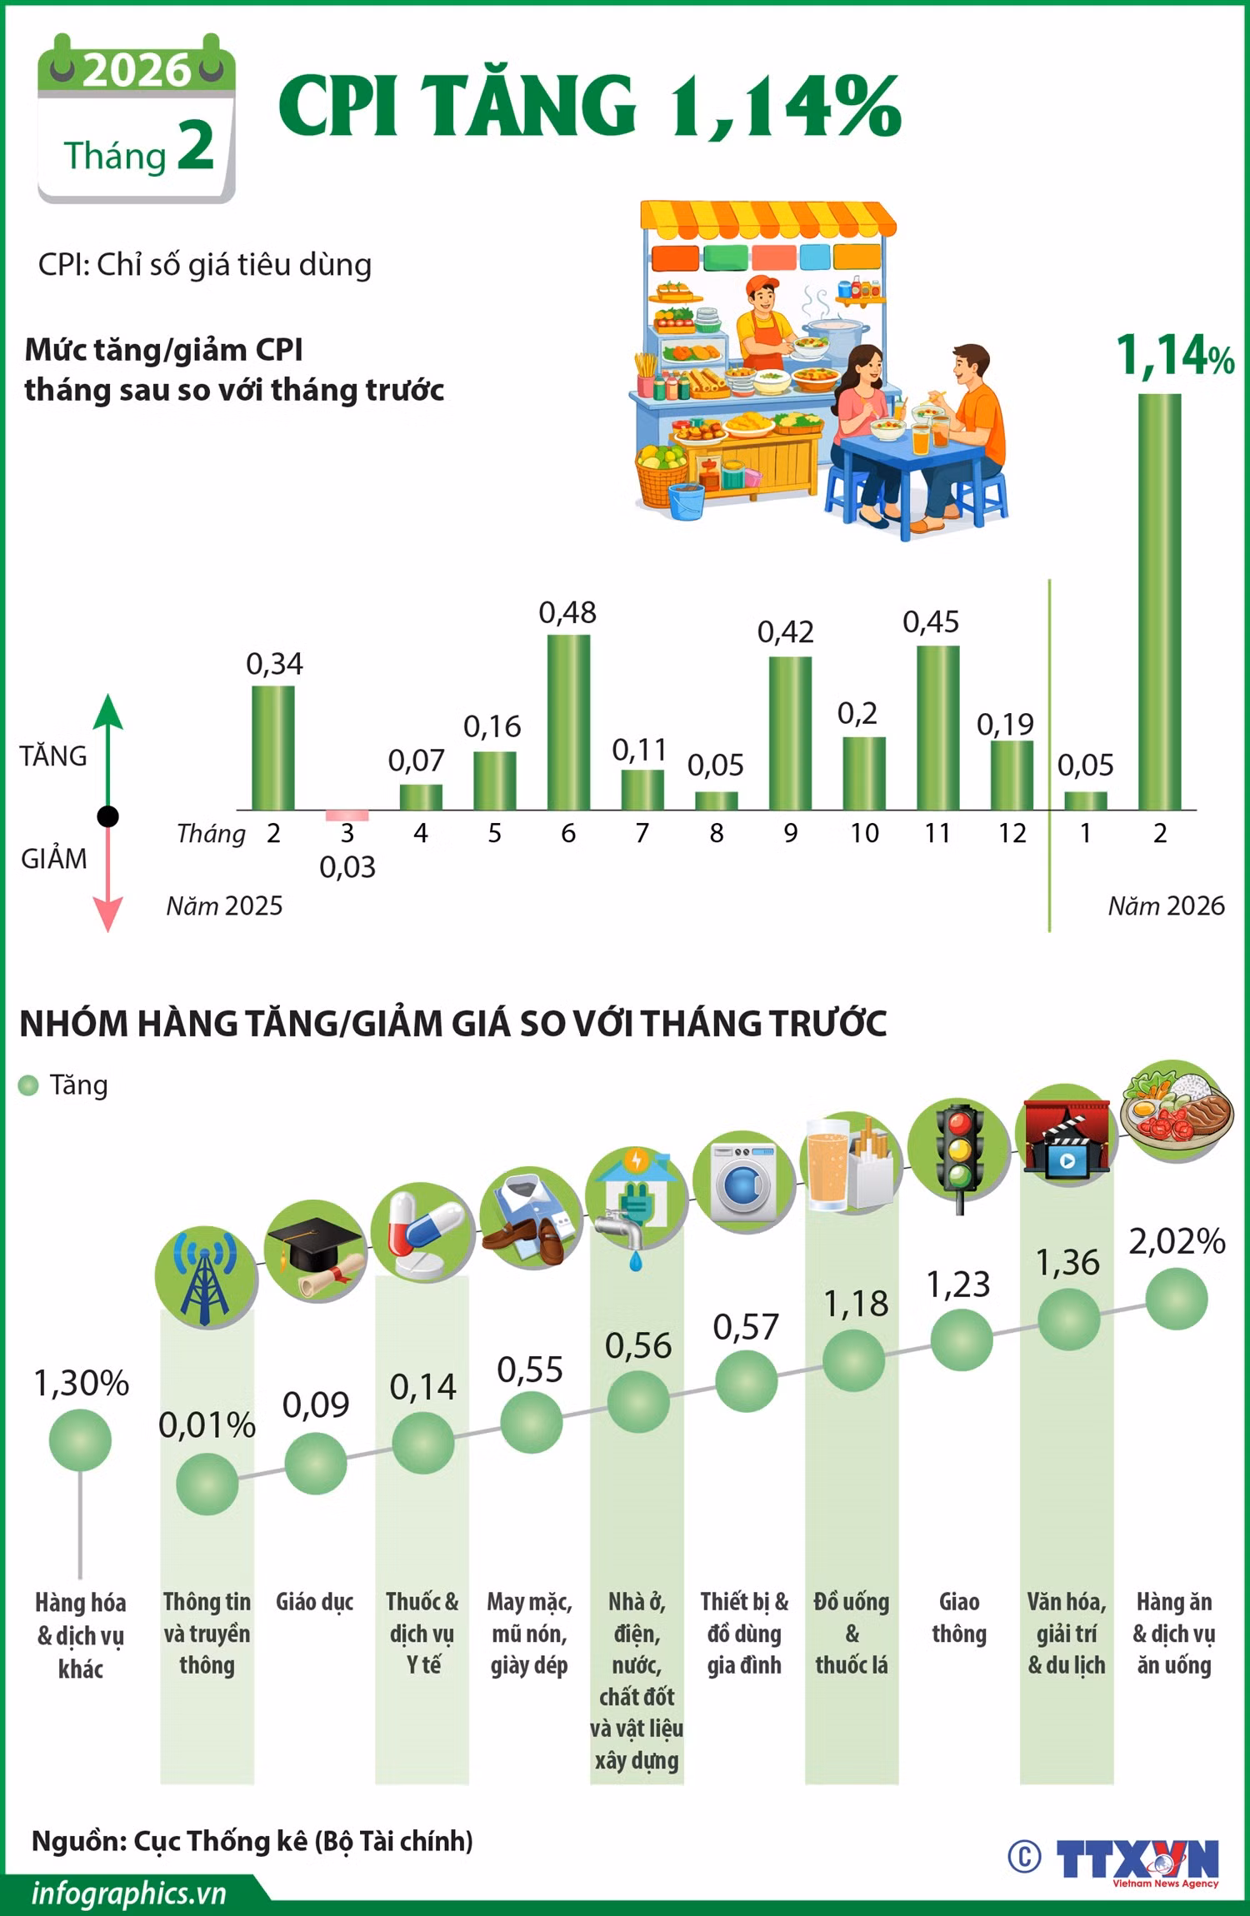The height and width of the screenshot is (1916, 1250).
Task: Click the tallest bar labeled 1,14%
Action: tap(1159, 601)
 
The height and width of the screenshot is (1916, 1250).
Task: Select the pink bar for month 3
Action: tap(347, 816)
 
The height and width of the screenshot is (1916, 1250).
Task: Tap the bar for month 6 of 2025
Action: tap(568, 722)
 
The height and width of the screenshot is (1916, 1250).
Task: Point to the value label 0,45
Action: tap(931, 621)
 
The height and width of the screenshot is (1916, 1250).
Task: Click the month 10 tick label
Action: tap(864, 833)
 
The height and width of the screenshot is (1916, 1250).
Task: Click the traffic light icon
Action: tap(959, 1156)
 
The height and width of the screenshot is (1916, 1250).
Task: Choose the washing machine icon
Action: tap(744, 1182)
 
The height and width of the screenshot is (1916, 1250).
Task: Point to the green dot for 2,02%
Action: tap(1176, 1300)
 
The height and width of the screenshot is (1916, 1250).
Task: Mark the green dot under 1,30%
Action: tap(80, 1440)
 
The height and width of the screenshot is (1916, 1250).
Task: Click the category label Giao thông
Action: tap(959, 1618)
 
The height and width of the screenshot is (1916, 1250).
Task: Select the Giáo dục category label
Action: tap(314, 1602)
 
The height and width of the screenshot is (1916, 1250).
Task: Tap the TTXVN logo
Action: tap(1137, 1860)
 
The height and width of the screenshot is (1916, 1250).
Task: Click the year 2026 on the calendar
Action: tap(137, 70)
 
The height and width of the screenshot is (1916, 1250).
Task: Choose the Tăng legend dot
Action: tap(28, 1085)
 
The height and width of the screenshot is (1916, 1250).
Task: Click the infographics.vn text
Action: tap(129, 1894)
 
